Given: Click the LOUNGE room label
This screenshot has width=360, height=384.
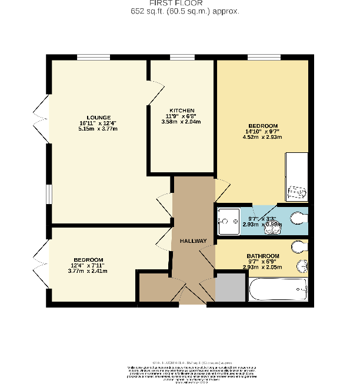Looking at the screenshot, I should pyautogui.click(x=98, y=117).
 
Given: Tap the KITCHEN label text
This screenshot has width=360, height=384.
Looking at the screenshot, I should pyautogui.click(x=182, y=111).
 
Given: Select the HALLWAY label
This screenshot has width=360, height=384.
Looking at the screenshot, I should pyautogui.click(x=193, y=241).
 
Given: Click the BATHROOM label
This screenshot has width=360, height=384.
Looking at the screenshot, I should pyautogui.click(x=262, y=256).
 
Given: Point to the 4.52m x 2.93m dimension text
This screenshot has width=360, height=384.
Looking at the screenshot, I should pyautogui.click(x=262, y=138).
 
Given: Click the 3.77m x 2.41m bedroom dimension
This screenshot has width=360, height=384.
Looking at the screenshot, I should pyautogui.click(x=88, y=271).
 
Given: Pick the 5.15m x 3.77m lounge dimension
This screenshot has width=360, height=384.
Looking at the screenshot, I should pyautogui.click(x=98, y=129).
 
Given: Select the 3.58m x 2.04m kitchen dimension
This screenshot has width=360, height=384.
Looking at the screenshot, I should pyautogui.click(x=181, y=122).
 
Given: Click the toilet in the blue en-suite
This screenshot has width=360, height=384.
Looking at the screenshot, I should pyautogui.click(x=299, y=219).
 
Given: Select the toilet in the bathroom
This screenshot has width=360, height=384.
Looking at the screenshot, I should pyautogui.click(x=299, y=246).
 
